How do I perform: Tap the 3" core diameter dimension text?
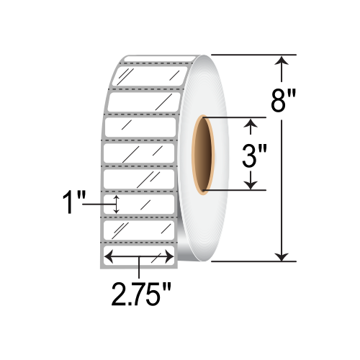tap(251, 156)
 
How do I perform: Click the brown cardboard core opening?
tap(207, 156)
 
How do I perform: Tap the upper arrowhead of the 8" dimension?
tap(283, 63)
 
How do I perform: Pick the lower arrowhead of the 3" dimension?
tap(251, 184)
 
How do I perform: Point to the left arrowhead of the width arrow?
tap(110, 256)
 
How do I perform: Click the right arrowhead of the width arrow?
tap(171, 256)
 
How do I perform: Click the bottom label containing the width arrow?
tap(140, 256)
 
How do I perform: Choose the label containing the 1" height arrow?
tap(140, 204)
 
